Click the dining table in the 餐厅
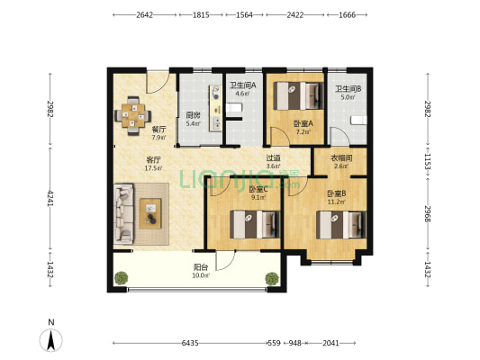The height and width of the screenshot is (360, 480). (x=133, y=115)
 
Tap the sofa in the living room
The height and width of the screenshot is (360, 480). (x=123, y=213)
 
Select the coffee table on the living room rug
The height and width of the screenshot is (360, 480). (x=150, y=213)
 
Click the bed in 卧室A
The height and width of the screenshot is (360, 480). (x=298, y=95)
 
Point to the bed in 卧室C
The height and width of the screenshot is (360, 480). (x=255, y=224)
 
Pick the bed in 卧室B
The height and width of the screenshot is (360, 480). (x=341, y=225)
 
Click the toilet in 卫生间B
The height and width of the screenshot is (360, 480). (x=358, y=121)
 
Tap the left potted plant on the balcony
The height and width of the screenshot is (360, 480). (x=122, y=278)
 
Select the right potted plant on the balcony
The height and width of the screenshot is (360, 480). (x=272, y=279)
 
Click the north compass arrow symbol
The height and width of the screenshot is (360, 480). (x=50, y=339)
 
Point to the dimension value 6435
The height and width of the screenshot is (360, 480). (x=190, y=343)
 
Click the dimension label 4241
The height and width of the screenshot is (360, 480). (x=50, y=199)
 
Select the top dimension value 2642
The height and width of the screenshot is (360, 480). (x=144, y=15)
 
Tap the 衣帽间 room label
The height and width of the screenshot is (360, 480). (x=341, y=158)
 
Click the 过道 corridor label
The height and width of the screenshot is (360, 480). (x=273, y=158)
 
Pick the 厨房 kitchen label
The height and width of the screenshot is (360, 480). (x=193, y=115)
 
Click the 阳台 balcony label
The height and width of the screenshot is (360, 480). (x=201, y=267)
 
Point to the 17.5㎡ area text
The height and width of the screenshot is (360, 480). (x=153, y=168)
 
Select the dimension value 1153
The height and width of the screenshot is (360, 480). (x=428, y=162)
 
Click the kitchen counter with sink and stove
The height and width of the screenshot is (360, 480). (x=216, y=108)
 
